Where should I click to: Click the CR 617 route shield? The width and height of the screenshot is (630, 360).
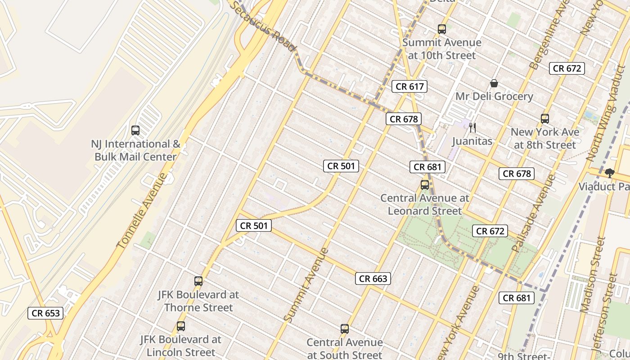[409, 86]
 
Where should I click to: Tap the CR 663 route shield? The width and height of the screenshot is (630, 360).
[373, 279]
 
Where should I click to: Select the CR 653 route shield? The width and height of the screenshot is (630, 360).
[45, 313]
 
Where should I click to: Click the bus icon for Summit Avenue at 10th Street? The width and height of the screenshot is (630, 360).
[442, 29]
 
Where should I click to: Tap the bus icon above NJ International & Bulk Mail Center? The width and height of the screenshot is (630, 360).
[135, 130]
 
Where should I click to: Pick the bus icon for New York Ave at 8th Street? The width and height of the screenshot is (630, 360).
[545, 119]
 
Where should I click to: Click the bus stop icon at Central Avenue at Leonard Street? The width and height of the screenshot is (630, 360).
[424, 184]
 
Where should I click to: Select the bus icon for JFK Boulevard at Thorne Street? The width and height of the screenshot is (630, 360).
[198, 281]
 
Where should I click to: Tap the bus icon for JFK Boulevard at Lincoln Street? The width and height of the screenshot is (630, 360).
[181, 326]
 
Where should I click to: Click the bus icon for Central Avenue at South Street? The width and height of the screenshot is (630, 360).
[345, 329]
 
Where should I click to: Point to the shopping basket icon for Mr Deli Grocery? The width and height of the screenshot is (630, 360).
[494, 83]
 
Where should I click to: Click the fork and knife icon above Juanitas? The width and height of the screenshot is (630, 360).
[472, 128]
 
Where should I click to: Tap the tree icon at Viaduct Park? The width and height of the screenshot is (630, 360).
[610, 173]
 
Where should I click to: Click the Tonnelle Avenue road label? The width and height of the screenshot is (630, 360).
[142, 211]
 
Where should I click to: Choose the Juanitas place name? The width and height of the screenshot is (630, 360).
[472, 141]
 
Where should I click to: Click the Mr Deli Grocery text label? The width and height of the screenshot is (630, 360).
[494, 96]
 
